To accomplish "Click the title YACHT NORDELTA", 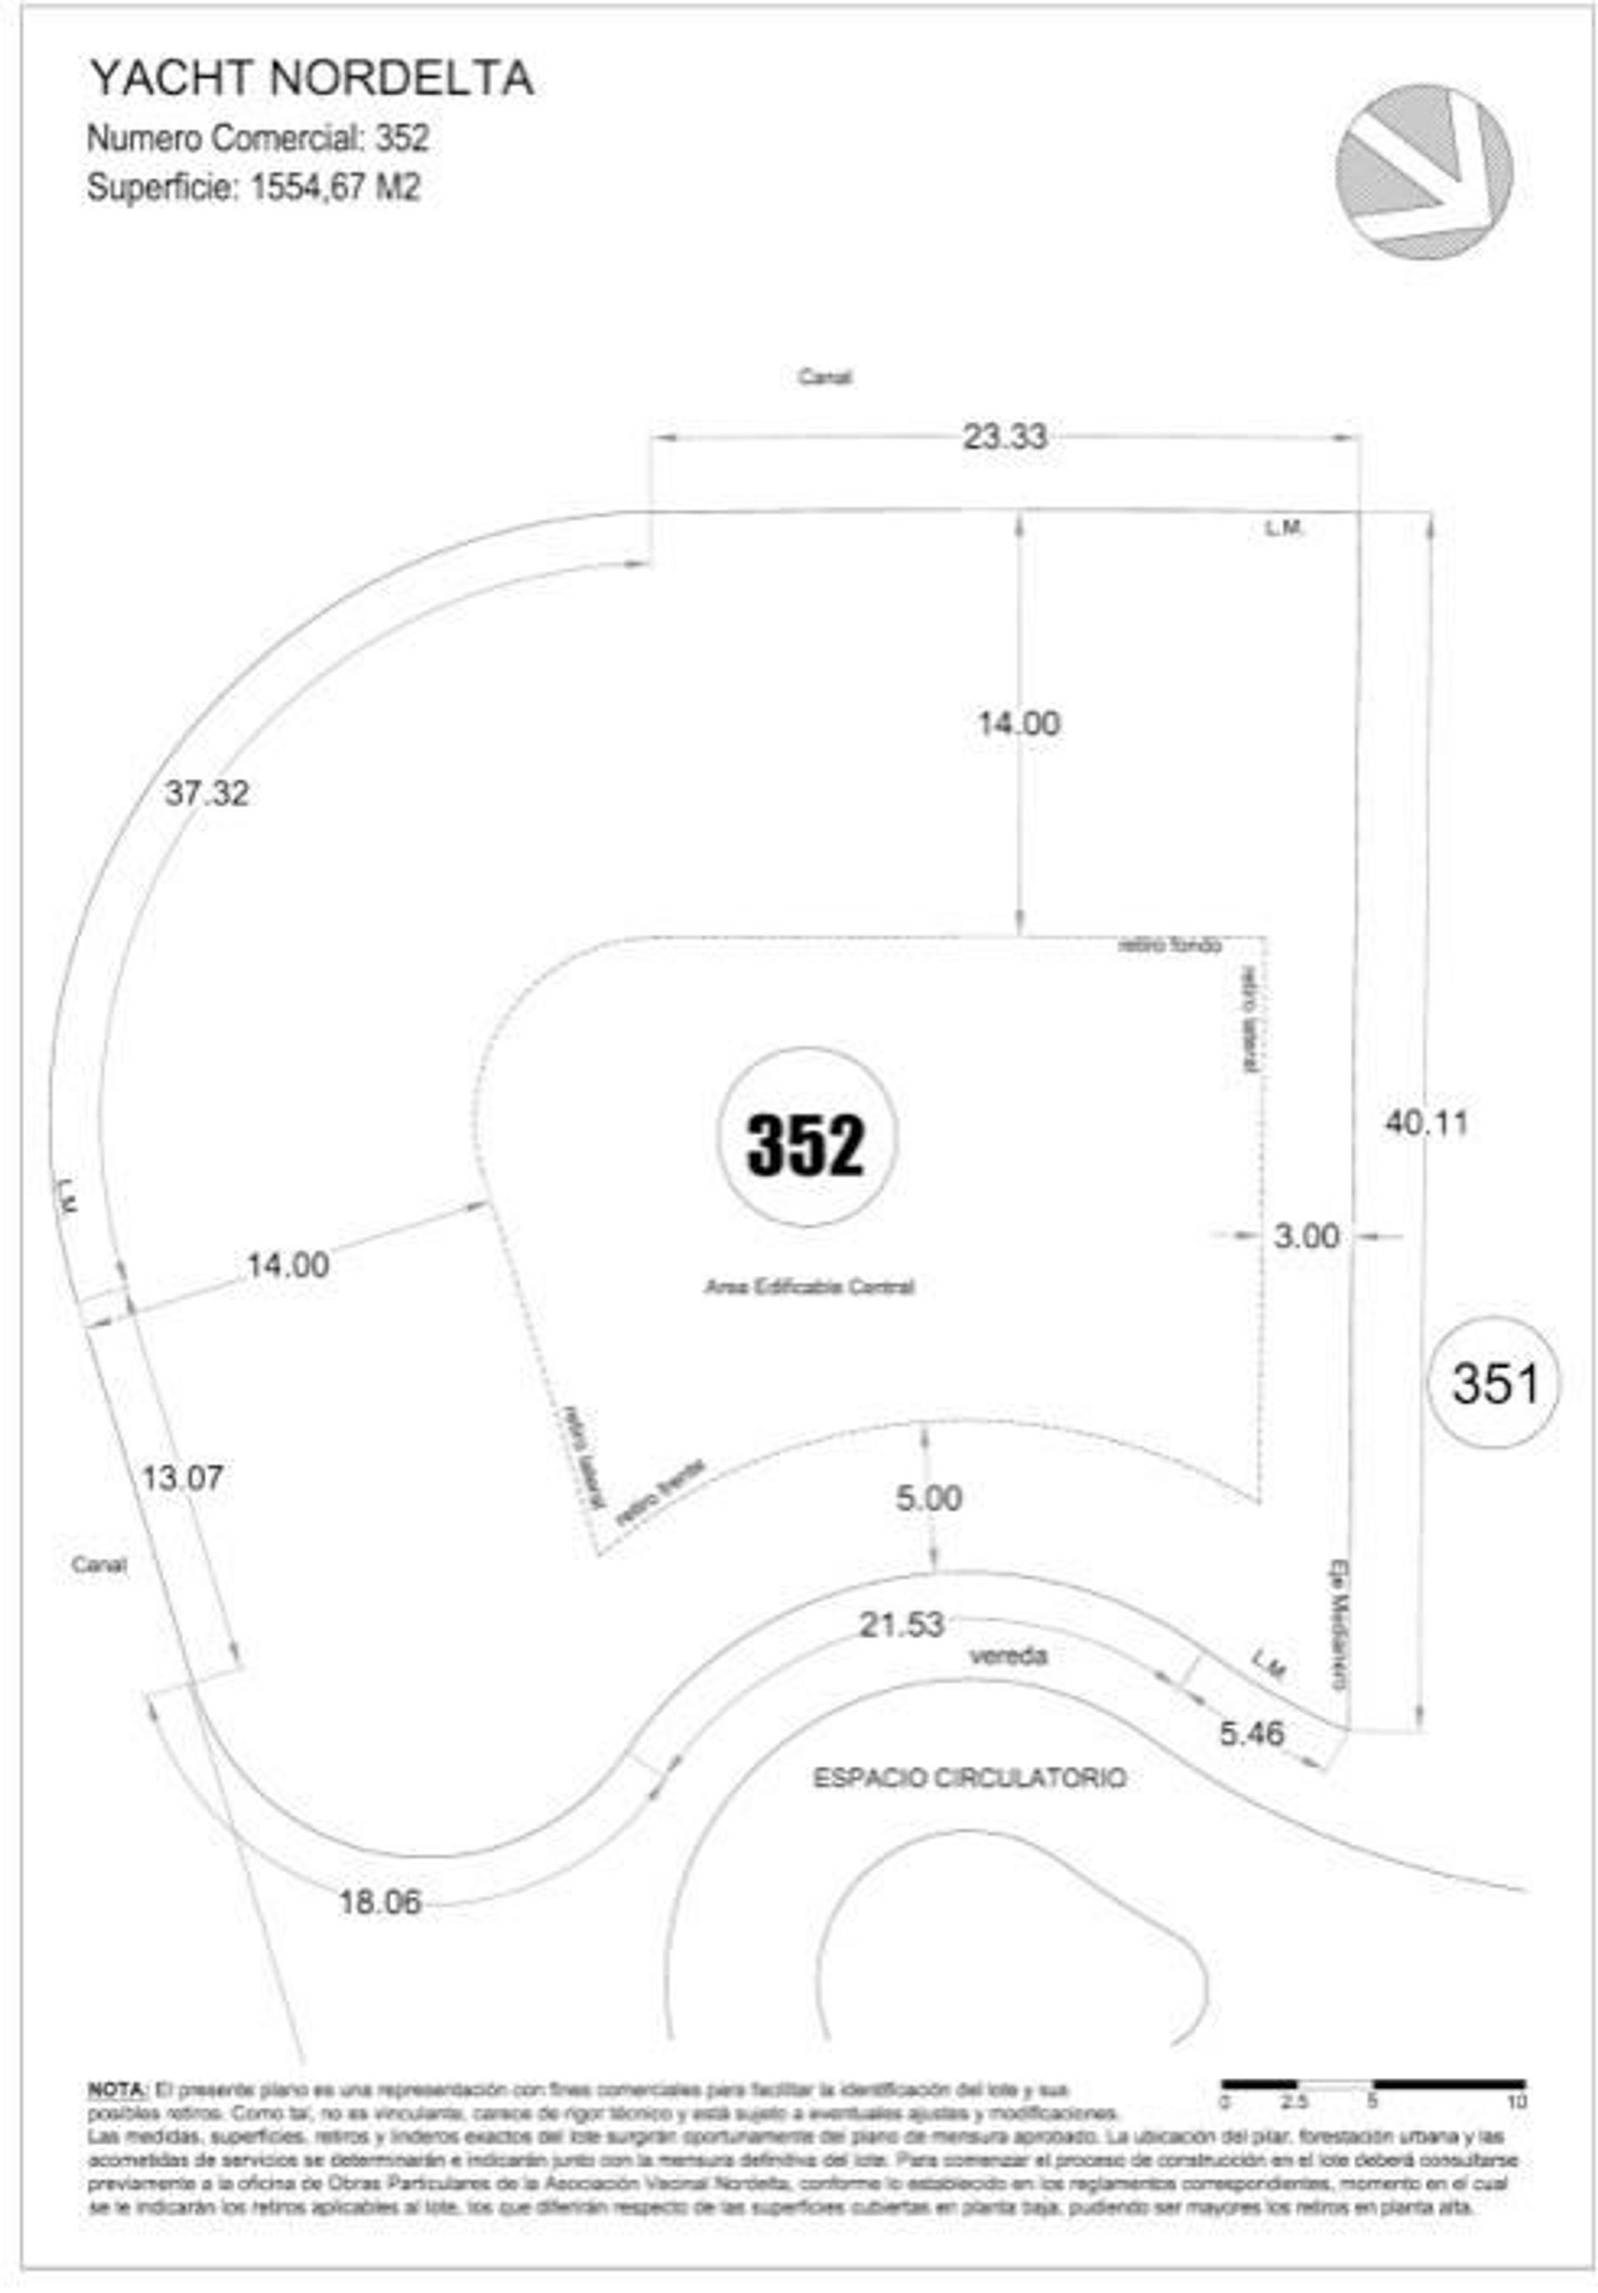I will (x=310, y=79).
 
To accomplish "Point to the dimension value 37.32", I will (x=206, y=794).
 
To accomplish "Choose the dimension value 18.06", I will (x=380, y=1903).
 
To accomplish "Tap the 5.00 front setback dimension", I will (x=928, y=1498).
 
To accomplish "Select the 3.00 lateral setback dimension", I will (x=1305, y=1236).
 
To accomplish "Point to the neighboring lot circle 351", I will (x=1493, y=1384).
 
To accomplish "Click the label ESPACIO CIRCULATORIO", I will (x=969, y=1779).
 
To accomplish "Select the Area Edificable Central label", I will (x=809, y=1288).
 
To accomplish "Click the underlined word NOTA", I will (x=117, y=2089).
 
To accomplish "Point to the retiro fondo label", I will (x=1169, y=945).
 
